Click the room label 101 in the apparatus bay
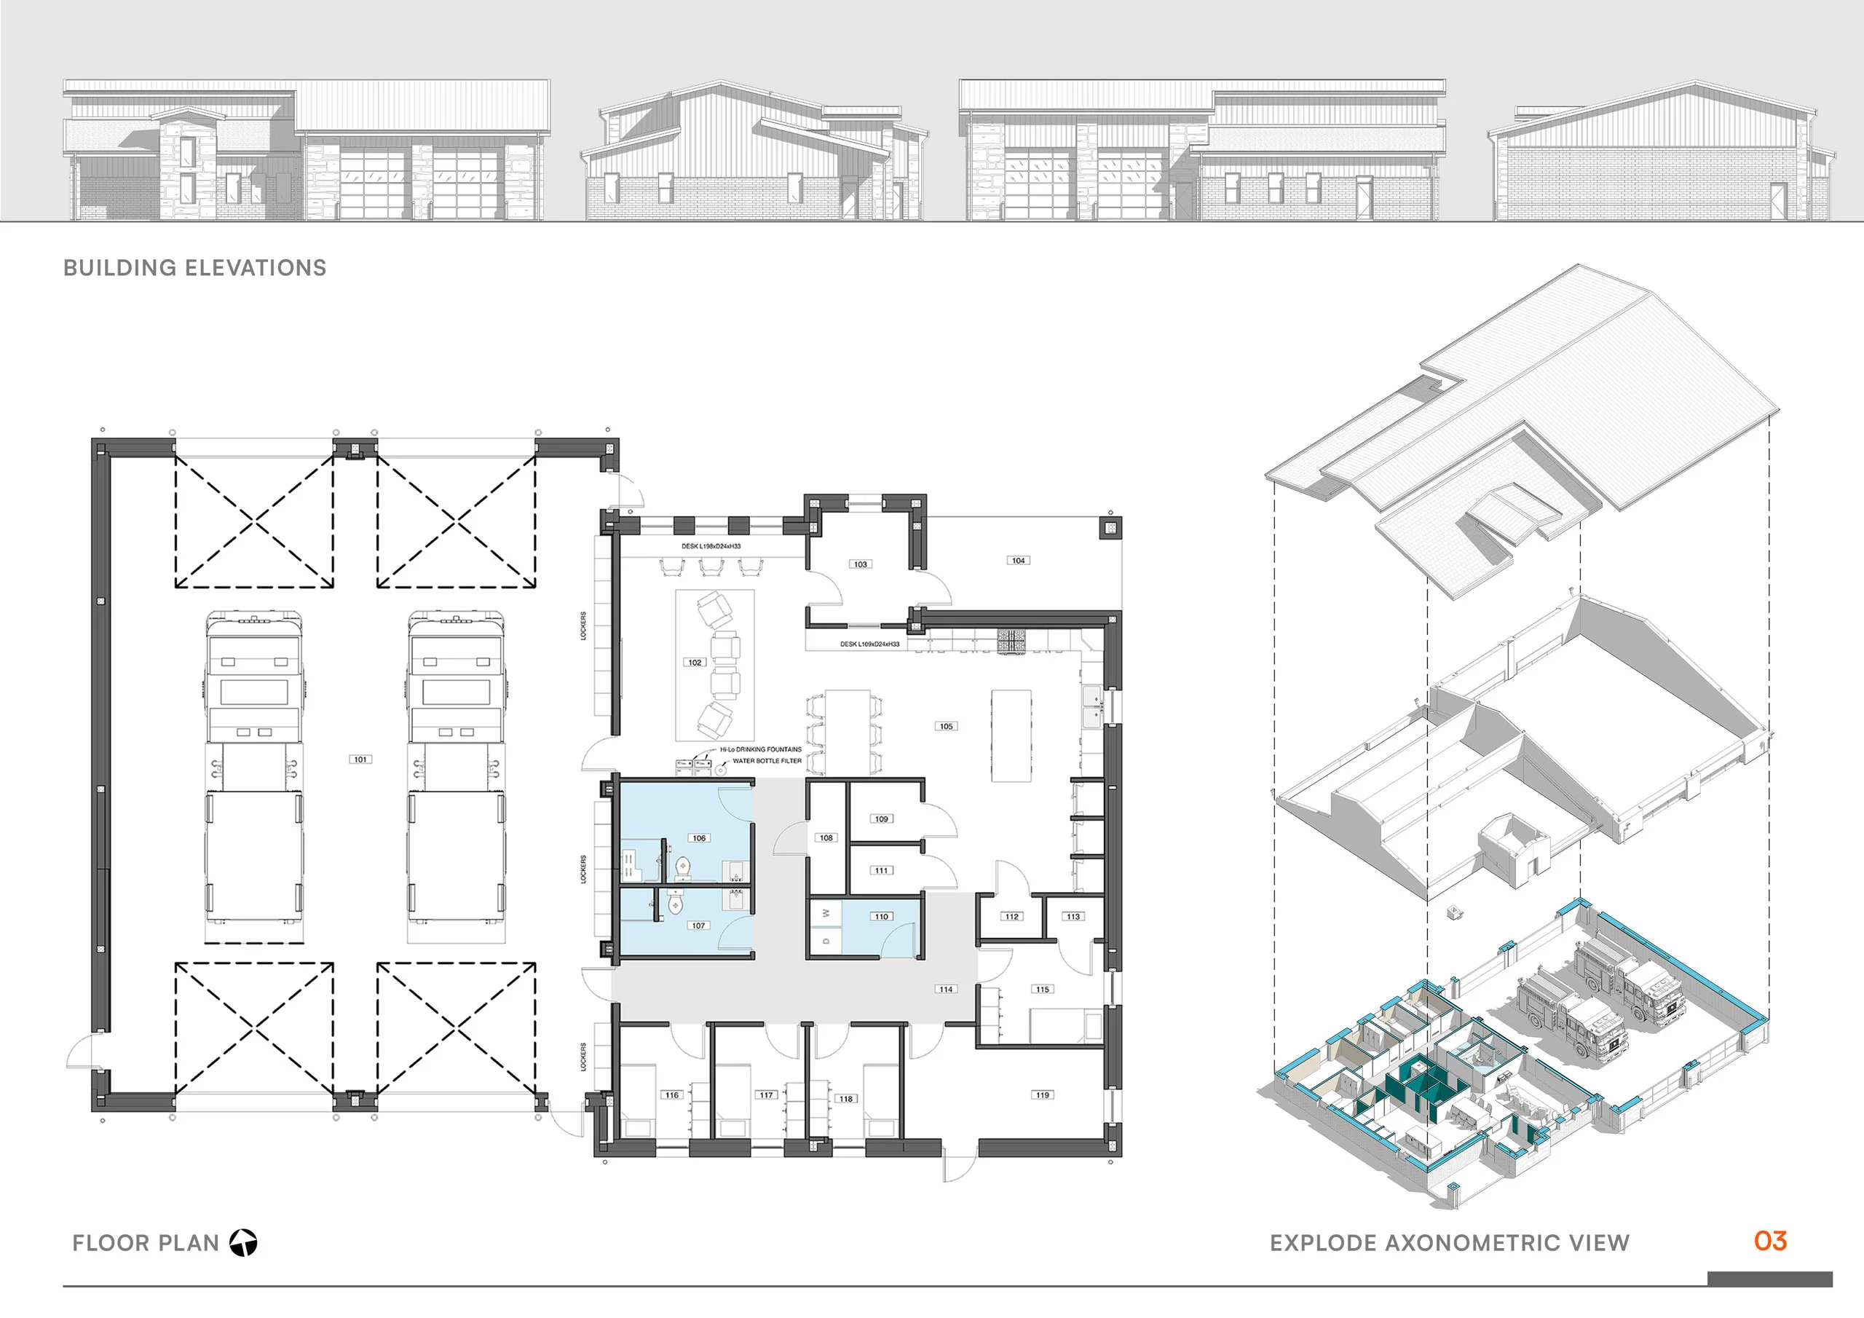coord(360,759)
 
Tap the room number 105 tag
coord(946,726)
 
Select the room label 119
coord(1043,1094)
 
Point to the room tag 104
coord(1018,561)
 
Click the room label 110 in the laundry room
coord(882,916)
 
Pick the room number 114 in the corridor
coord(946,989)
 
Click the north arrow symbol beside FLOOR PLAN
coord(242,1242)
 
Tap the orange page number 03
coord(1770,1240)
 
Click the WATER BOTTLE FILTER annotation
coord(767,761)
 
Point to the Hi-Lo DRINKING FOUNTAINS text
coord(761,749)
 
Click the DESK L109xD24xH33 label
coord(869,644)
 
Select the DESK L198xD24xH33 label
coord(711,545)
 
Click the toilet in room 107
coord(676,903)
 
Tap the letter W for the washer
coord(826,914)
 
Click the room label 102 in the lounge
coord(695,663)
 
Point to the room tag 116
coord(671,1094)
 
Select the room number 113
coord(1073,916)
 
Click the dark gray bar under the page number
coord(1769,1278)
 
